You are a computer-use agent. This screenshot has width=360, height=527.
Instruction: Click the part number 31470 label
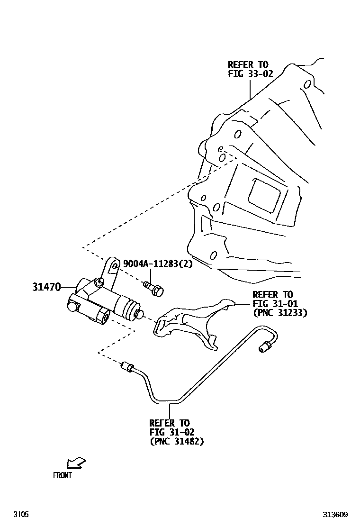click(46, 287)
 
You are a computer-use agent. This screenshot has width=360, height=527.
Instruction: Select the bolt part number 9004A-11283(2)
click(158, 264)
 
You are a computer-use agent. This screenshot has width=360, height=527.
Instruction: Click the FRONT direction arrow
click(76, 462)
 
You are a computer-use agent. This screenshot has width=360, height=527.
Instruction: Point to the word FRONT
click(62, 475)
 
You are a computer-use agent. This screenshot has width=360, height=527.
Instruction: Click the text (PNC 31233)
click(279, 313)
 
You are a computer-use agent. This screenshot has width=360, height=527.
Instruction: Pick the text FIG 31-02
click(171, 432)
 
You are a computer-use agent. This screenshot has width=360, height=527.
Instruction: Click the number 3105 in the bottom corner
click(21, 514)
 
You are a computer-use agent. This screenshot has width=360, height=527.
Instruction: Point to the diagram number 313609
click(336, 514)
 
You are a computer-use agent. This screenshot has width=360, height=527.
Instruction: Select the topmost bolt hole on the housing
click(307, 85)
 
